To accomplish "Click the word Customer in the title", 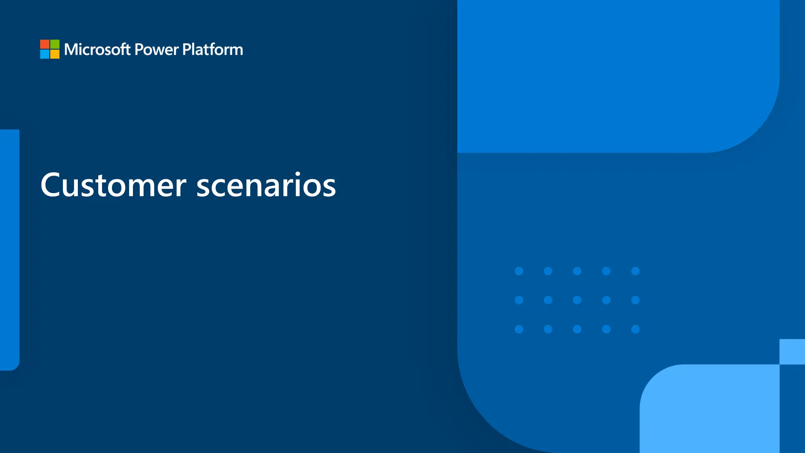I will point(113,185).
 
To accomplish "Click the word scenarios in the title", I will point(266,185).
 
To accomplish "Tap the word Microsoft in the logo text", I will point(97,50).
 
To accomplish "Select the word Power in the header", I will point(156,50).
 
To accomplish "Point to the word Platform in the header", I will point(213,50).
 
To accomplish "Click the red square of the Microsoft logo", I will point(45,44).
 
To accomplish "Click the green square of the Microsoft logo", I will point(55,44).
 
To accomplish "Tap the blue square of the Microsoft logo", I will point(45,54).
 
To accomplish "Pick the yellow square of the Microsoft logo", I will point(55,54).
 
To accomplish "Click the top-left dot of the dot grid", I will point(519,271).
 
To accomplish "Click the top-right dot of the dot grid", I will point(635,271).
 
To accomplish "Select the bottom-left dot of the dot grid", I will point(519,329).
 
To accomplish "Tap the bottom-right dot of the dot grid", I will point(635,329).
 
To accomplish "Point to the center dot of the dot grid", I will point(577,300).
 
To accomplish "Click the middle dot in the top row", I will point(577,271).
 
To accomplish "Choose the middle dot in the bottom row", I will point(577,329).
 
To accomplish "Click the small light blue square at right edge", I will point(792,352).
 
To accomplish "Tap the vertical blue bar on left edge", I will point(9,250).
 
